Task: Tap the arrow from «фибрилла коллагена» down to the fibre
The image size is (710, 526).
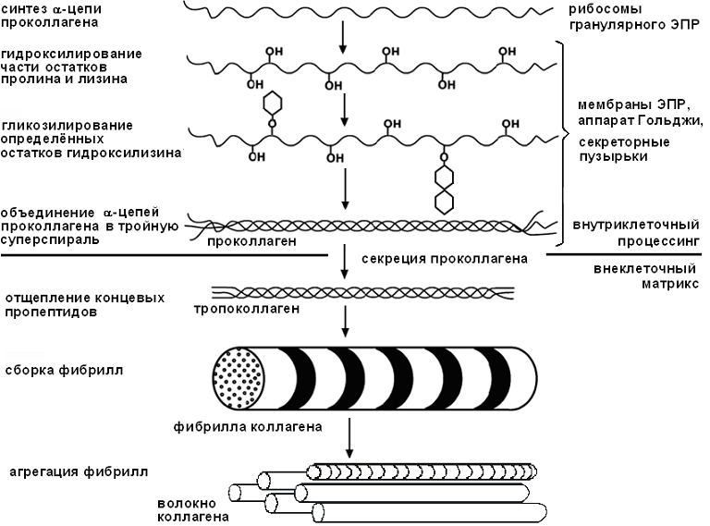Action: pos(349,437)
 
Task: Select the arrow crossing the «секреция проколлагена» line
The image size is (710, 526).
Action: pos(344,260)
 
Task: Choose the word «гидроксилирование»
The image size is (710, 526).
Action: pos(71,53)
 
